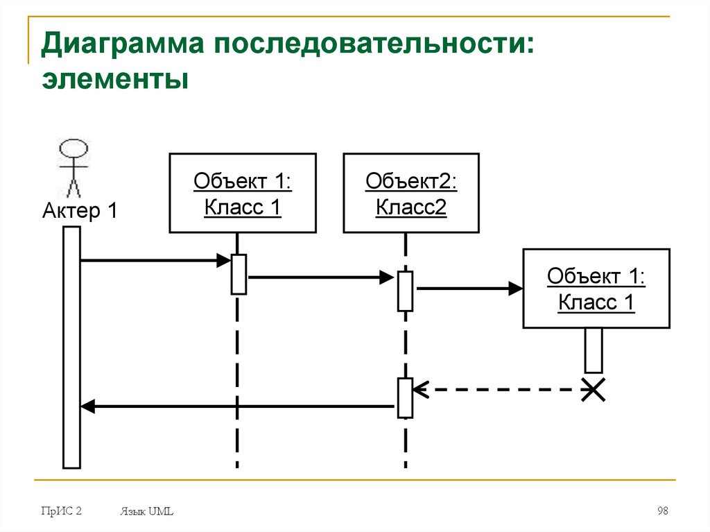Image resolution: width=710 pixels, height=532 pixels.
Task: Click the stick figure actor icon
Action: (73, 166)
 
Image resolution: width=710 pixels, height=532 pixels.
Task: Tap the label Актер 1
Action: (80, 210)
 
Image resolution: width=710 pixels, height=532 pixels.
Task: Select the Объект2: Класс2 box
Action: (411, 193)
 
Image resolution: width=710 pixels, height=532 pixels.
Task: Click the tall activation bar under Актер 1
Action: (71, 347)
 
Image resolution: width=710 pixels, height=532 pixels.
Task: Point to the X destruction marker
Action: (593, 390)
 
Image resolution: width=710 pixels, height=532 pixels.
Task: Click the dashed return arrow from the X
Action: (499, 390)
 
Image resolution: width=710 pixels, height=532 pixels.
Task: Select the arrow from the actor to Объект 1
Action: (153, 261)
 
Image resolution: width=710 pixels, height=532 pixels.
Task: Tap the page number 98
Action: (662, 511)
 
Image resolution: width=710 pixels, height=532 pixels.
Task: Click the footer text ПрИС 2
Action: (61, 511)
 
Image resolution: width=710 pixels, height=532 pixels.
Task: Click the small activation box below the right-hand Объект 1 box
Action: (594, 350)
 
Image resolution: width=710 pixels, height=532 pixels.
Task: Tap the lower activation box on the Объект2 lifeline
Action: (406, 397)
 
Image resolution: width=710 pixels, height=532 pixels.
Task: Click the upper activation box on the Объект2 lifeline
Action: (406, 291)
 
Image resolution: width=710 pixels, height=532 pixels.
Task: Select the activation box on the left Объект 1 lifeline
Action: (239, 275)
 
